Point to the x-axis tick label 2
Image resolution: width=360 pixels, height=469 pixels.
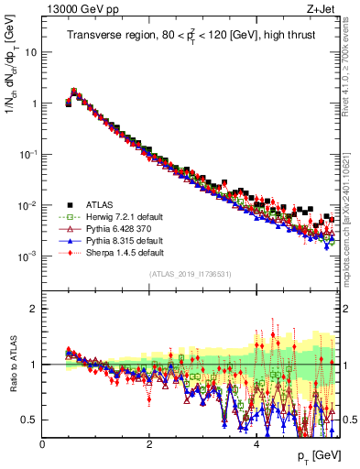tap(149, 443)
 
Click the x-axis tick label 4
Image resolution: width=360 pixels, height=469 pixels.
tap(256, 443)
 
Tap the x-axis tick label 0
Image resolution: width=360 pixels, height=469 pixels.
tap(43, 443)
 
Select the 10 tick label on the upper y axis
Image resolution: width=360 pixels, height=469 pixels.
tap(29, 52)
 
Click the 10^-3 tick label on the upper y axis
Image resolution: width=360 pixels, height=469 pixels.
tap(27, 256)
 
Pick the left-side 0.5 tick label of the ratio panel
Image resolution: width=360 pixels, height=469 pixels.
tap(29, 420)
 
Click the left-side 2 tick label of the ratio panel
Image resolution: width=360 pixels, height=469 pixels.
tap(34, 309)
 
